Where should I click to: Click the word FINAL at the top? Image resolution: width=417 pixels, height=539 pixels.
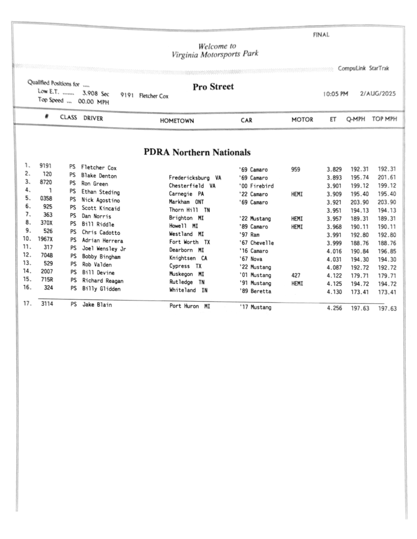[x=321, y=35]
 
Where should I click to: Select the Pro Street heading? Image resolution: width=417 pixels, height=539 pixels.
[x=213, y=87]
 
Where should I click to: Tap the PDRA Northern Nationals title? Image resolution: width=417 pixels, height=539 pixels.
[x=197, y=152]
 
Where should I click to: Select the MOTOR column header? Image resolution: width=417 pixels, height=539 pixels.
[x=302, y=119]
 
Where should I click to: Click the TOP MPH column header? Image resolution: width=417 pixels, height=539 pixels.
[x=384, y=119]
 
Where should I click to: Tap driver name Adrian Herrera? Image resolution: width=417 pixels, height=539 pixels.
[x=102, y=241]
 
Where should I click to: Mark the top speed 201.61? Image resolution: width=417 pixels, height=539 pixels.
[x=387, y=178]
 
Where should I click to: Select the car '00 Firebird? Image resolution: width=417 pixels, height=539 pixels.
[x=256, y=186]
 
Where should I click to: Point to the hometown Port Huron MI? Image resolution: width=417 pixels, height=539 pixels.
[x=189, y=306]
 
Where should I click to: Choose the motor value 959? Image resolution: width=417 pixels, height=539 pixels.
[x=296, y=169]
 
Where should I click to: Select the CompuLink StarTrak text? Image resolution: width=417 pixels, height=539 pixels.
[x=363, y=68]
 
